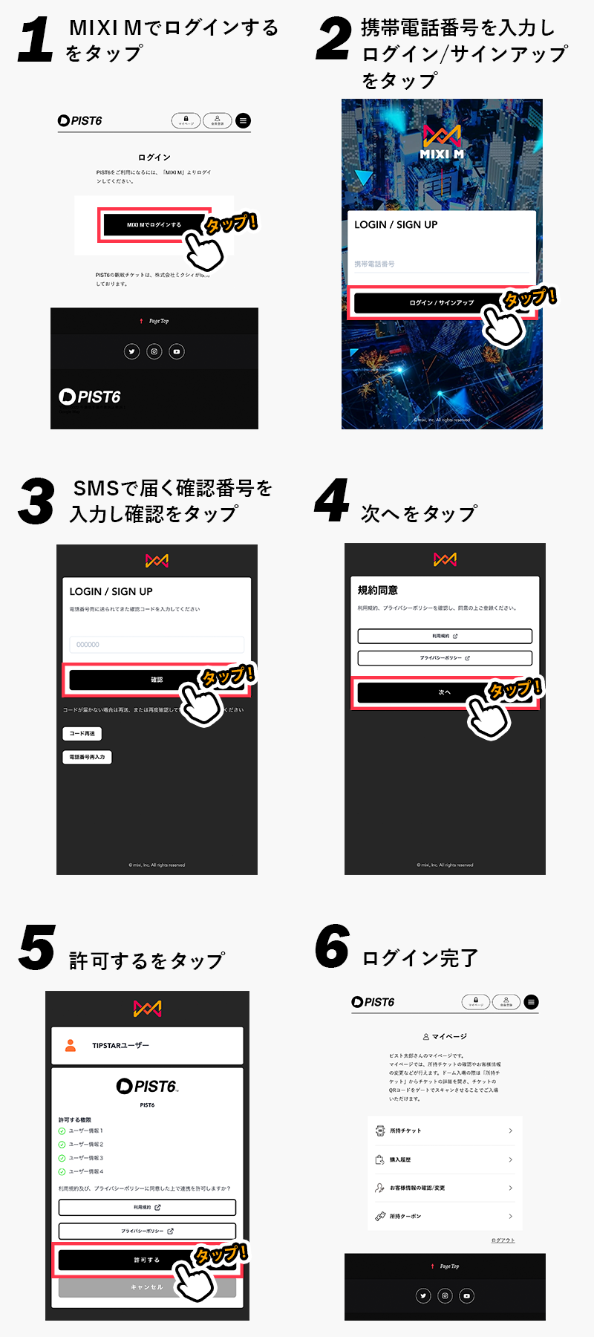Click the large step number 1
point(36,40)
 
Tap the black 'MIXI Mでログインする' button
point(148,225)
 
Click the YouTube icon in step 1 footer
point(177,351)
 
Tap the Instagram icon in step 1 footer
point(154,351)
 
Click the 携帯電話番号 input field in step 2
point(441,264)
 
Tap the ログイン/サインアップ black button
point(423,303)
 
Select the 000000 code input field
point(157,645)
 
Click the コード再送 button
point(82,733)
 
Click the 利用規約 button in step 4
point(445,636)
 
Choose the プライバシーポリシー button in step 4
point(445,658)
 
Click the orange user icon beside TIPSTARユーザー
point(71,1045)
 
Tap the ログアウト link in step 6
point(503,1240)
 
